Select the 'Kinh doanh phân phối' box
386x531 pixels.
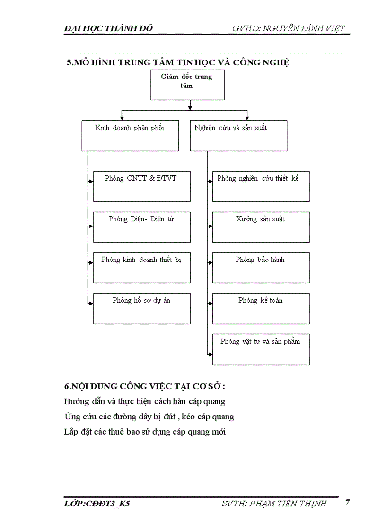[130, 136]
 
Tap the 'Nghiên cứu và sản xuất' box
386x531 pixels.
[238, 136]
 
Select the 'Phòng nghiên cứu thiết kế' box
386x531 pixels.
[261, 186]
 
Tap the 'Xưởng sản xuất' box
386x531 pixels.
[261, 227]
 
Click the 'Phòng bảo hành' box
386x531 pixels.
[261, 268]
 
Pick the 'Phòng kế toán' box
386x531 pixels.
[261, 308]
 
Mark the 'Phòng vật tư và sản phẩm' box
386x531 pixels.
[261, 349]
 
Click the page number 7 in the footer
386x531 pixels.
[347, 502]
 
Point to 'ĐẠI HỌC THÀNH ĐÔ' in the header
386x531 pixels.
[108, 29]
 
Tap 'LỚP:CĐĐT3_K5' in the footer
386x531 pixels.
[97, 504]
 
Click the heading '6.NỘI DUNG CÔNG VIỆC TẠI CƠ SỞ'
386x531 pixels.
[144, 386]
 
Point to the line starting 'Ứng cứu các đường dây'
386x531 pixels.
[149, 417]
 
